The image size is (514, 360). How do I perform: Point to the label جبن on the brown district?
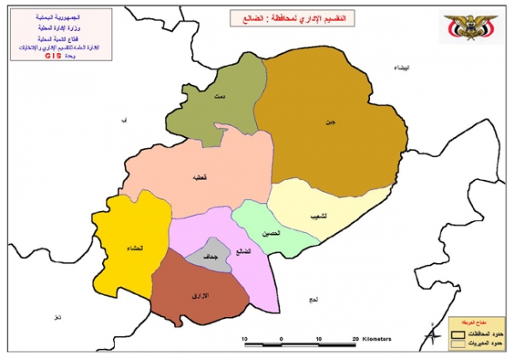329,123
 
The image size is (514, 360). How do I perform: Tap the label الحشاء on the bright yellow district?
134,249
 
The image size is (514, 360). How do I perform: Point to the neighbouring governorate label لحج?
313,299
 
